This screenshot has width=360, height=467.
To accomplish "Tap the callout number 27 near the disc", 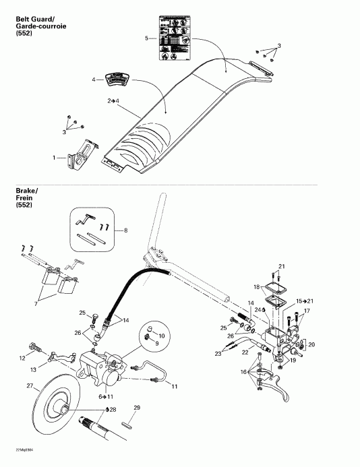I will tap(29, 386).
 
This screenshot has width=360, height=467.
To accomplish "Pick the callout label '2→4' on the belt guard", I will tap(113, 100).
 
